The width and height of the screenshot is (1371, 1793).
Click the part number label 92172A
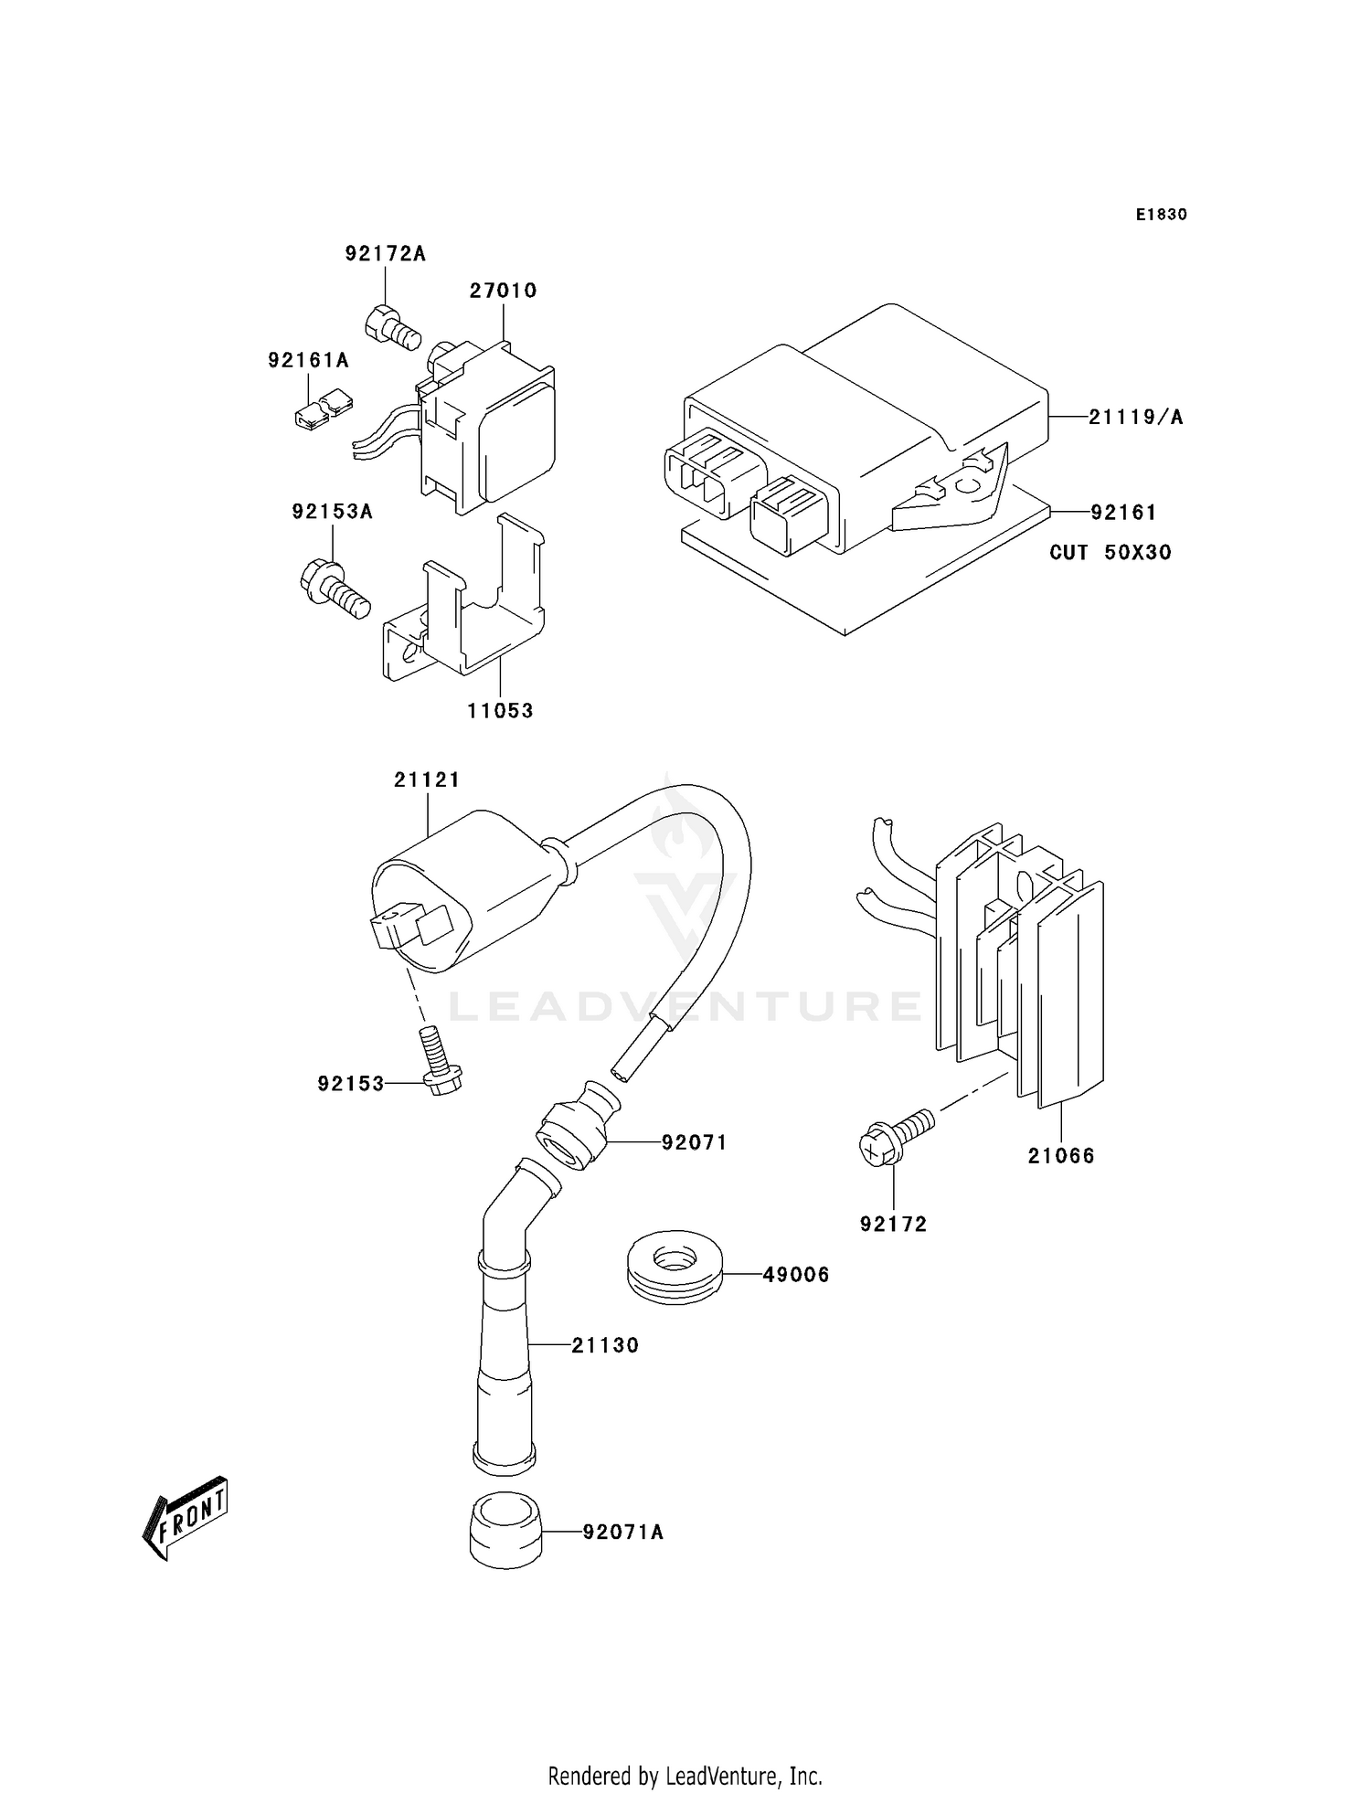(x=385, y=253)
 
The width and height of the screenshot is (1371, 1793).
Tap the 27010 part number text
(x=503, y=291)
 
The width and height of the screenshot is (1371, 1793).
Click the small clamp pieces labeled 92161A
(x=323, y=408)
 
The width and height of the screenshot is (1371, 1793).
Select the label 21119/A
(x=1135, y=418)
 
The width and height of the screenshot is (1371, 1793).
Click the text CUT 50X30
(x=1110, y=552)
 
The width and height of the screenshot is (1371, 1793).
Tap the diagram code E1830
(x=1161, y=215)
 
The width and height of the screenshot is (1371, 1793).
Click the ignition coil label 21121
(x=427, y=780)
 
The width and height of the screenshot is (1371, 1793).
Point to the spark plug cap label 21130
(x=605, y=1345)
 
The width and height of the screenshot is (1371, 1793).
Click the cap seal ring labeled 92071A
(x=506, y=1532)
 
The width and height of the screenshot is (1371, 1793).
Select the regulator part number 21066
(x=1060, y=1156)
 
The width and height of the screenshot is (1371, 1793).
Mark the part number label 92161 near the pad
(x=1123, y=513)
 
